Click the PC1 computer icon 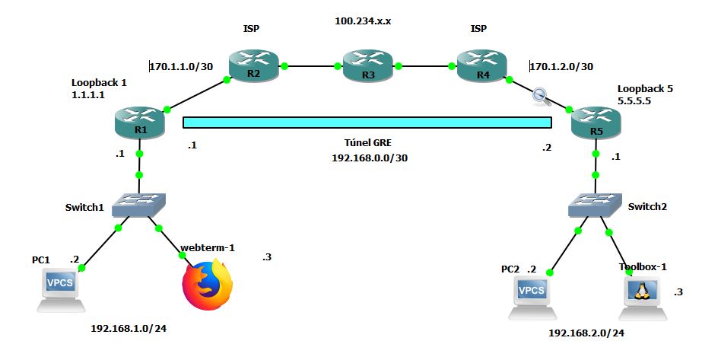62,288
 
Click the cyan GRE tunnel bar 367,123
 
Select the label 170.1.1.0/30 180,66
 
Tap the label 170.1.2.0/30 561,66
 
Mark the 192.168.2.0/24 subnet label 586,333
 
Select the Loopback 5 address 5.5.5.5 635,100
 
